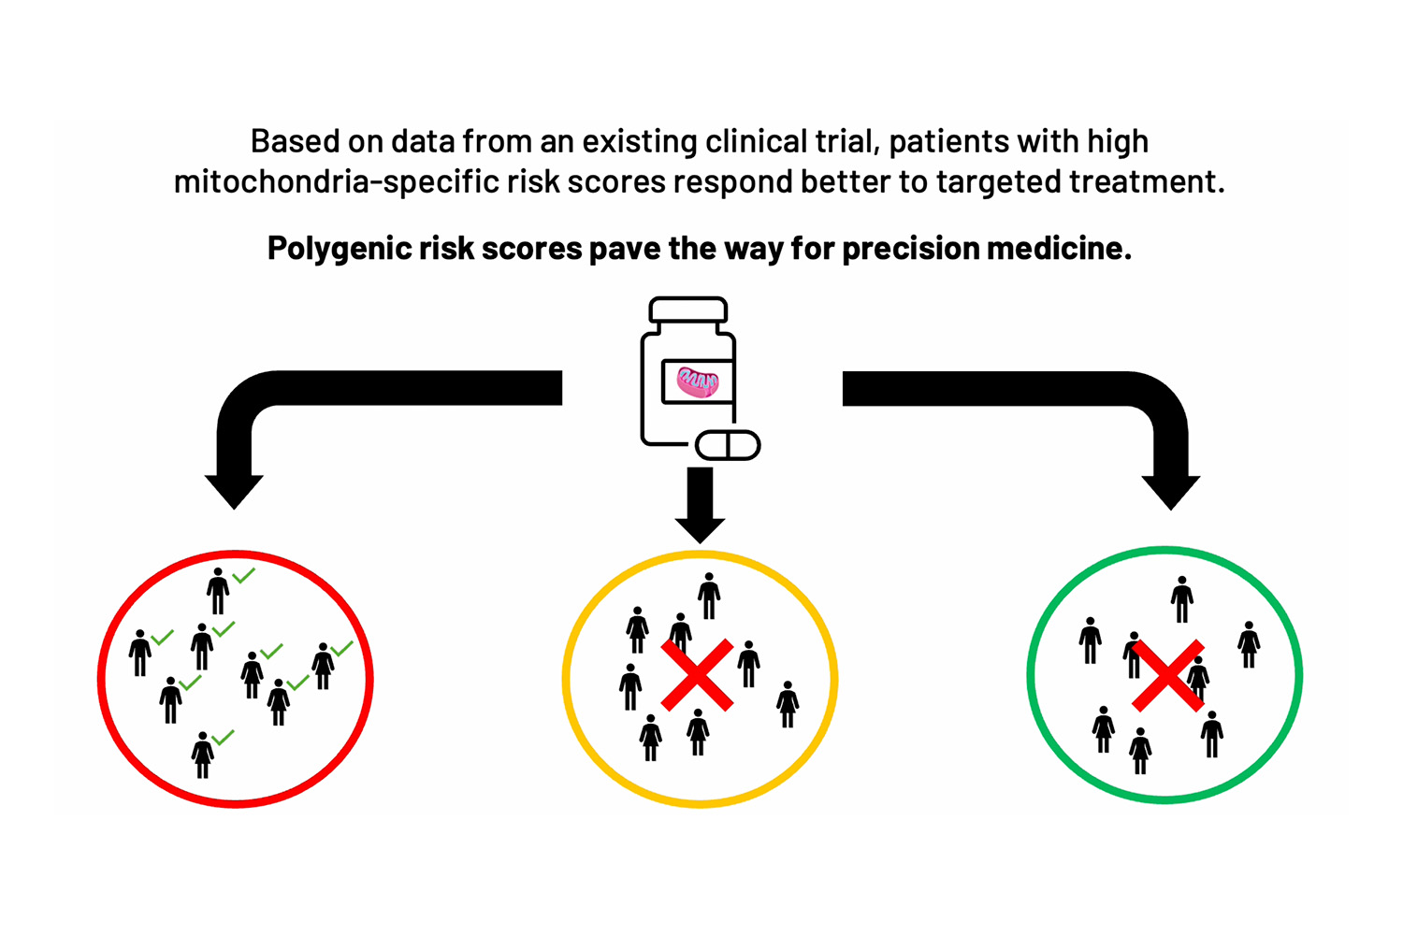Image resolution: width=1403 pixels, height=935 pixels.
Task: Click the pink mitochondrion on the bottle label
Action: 698,381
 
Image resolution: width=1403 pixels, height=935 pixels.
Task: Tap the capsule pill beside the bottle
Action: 729,445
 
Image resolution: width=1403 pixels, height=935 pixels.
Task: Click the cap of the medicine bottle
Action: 687,309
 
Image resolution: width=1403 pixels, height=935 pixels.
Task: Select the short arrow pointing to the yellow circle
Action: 700,505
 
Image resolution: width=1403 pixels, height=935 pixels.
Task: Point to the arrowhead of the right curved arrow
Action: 1171,490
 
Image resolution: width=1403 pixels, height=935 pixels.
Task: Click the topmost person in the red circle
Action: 218,591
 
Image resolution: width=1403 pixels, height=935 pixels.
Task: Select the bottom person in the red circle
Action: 203,755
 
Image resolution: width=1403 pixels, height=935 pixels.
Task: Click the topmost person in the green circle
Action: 1182,599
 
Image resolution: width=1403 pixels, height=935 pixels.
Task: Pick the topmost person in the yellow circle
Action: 709,596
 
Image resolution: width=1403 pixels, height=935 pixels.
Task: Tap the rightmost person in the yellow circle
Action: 788,704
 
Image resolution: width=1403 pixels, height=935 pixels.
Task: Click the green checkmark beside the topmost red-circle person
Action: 243,576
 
